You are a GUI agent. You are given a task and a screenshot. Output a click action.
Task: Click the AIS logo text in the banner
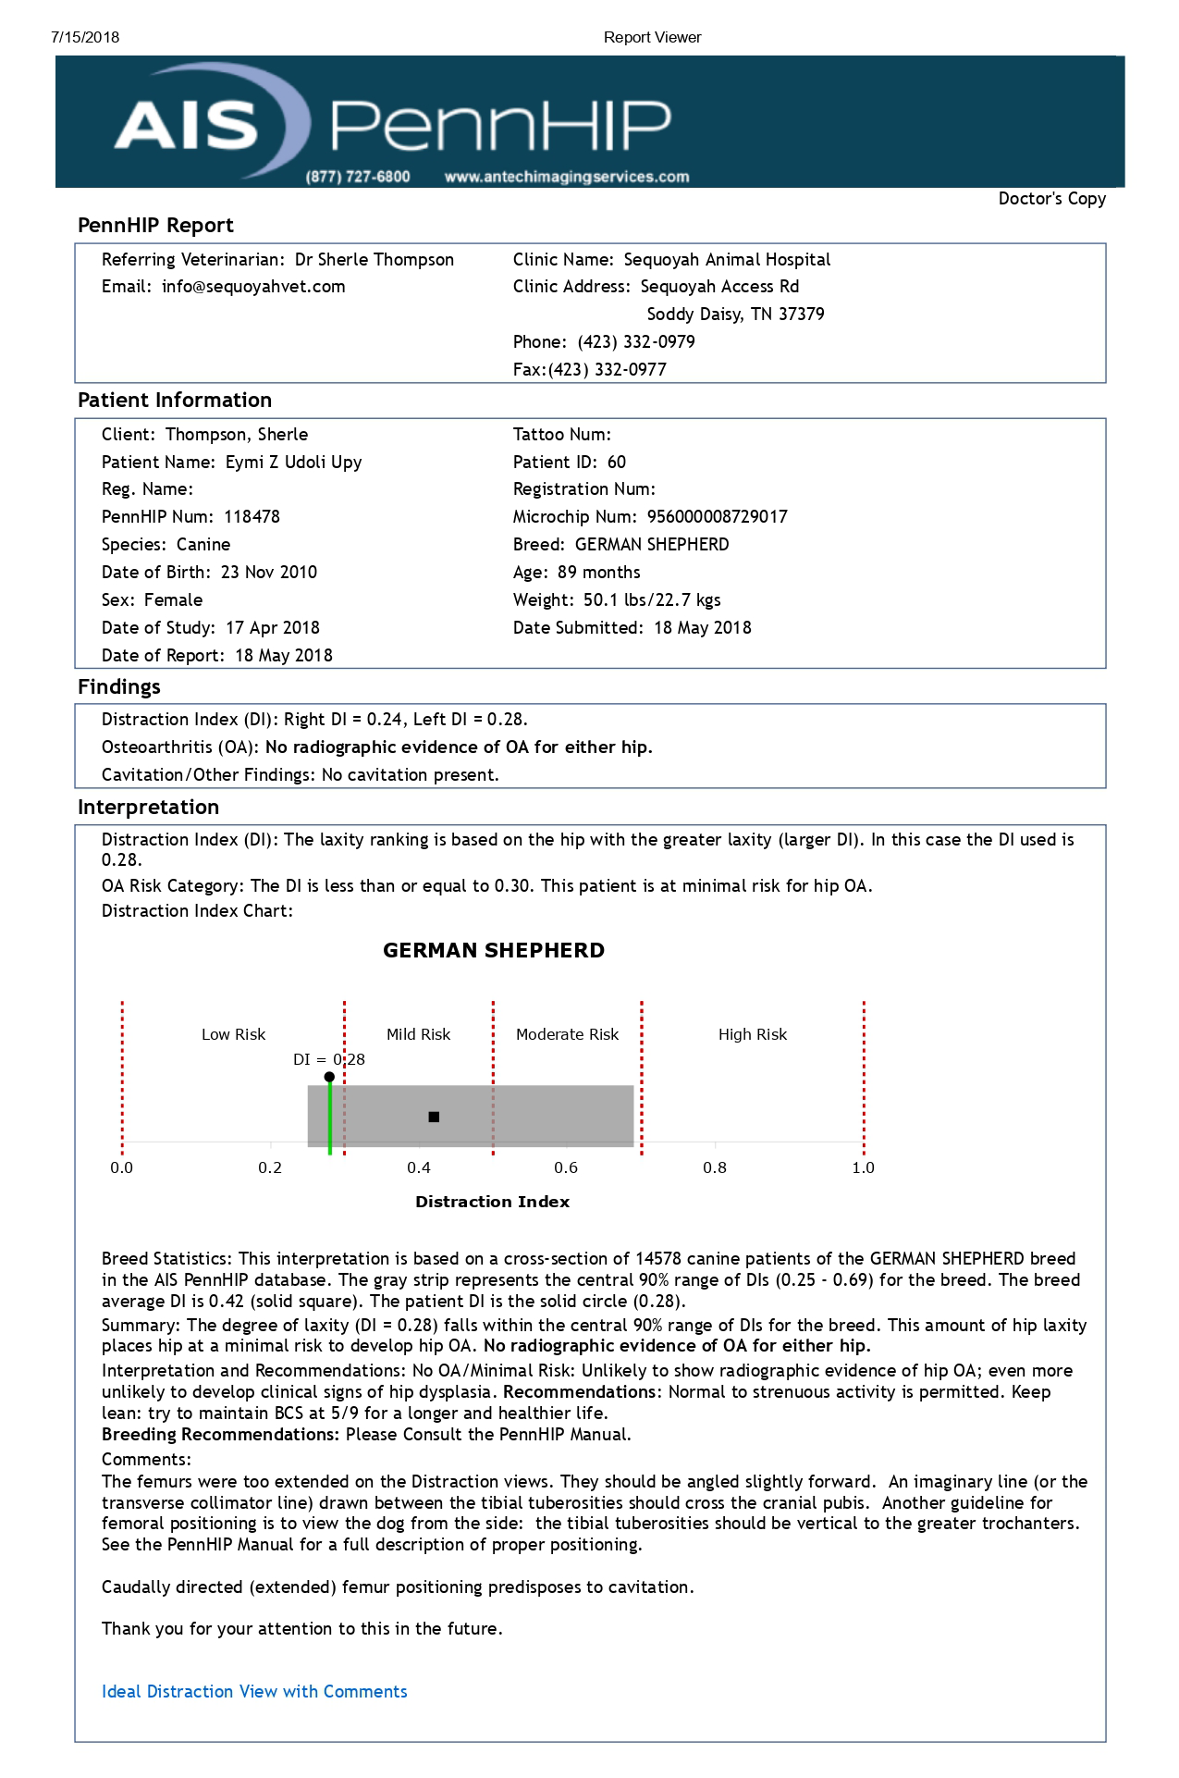click(x=186, y=126)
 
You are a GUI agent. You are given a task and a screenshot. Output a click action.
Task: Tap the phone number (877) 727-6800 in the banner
click(x=358, y=177)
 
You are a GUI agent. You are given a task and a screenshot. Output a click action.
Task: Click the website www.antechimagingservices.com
click(x=567, y=177)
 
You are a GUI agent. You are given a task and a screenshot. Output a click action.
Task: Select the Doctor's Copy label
click(x=1051, y=199)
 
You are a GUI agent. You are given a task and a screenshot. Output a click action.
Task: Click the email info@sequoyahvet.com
click(x=252, y=287)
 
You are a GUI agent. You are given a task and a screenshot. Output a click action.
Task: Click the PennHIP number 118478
click(x=252, y=517)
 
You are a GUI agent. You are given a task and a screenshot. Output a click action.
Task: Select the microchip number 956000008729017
click(x=717, y=517)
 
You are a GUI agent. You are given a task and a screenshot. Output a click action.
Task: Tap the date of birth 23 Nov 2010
click(x=268, y=573)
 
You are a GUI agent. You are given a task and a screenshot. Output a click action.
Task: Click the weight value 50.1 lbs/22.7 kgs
click(x=652, y=600)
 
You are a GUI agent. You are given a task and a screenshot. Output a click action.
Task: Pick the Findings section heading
click(x=119, y=687)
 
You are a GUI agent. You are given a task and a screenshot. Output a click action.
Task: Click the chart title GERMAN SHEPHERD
click(x=494, y=951)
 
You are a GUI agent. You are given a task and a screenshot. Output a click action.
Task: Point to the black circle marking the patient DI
click(x=329, y=1077)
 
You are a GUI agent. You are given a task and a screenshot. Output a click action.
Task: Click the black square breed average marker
click(x=434, y=1117)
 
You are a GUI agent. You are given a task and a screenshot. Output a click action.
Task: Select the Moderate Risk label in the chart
click(x=567, y=1034)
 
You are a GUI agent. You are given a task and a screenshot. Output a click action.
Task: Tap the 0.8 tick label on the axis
click(x=715, y=1168)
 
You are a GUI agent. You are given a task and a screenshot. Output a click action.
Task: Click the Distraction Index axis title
click(x=492, y=1202)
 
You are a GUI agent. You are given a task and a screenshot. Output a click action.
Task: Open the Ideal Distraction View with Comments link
click(x=254, y=1692)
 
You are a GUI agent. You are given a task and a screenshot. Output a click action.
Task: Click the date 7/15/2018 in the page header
click(x=85, y=38)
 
